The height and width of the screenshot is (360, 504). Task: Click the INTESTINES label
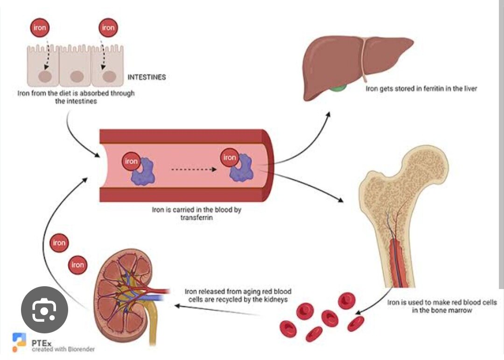147,77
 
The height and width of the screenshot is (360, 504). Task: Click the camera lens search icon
45,310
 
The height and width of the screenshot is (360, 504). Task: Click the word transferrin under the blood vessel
196,218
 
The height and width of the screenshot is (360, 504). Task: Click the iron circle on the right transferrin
230,157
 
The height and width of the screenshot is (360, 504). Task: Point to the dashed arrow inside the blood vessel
193,169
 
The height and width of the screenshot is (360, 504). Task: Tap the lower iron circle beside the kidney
77,265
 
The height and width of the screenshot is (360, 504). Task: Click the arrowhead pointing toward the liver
329,114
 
